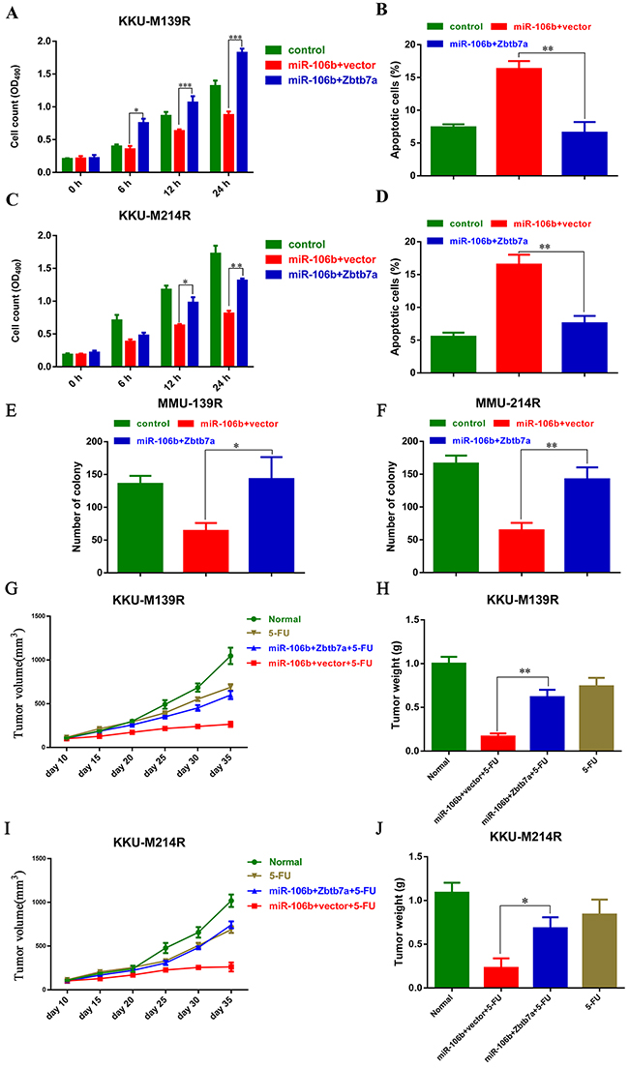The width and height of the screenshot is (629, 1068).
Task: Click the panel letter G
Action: coord(11,589)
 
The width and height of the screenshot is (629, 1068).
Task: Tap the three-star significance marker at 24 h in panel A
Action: coord(234,39)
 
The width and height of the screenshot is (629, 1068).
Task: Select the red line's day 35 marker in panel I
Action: coord(230,939)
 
